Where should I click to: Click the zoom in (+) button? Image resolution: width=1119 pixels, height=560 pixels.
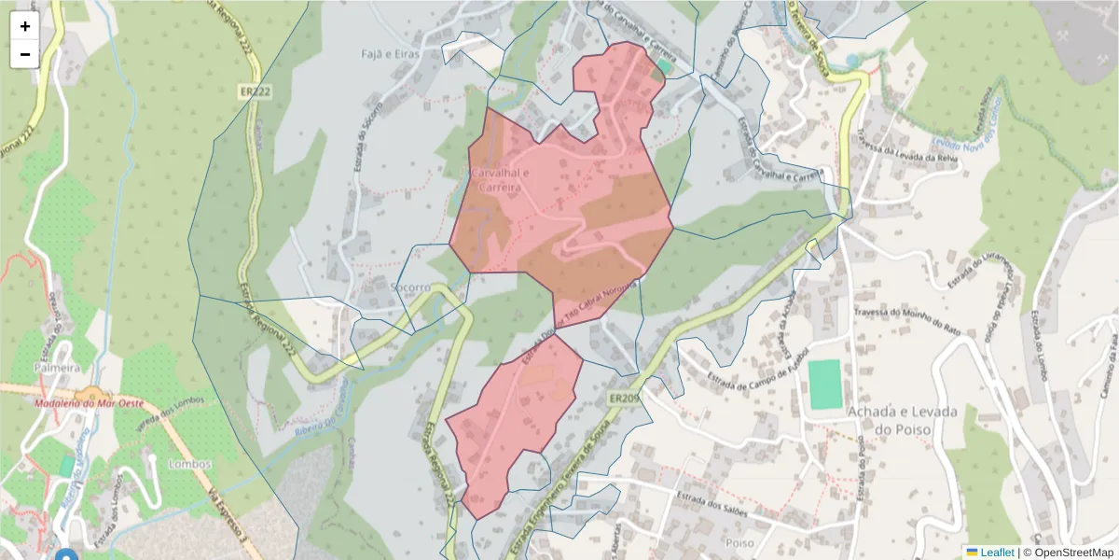click(x=25, y=26)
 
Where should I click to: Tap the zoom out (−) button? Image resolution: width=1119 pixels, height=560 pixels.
click(x=25, y=54)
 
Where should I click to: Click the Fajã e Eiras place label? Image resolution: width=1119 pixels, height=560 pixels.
click(x=391, y=54)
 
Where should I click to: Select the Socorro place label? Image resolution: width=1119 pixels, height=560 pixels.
click(x=411, y=287)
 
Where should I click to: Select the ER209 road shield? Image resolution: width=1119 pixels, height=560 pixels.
click(x=626, y=399)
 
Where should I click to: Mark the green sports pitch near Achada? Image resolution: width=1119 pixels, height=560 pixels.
click(x=824, y=384)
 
